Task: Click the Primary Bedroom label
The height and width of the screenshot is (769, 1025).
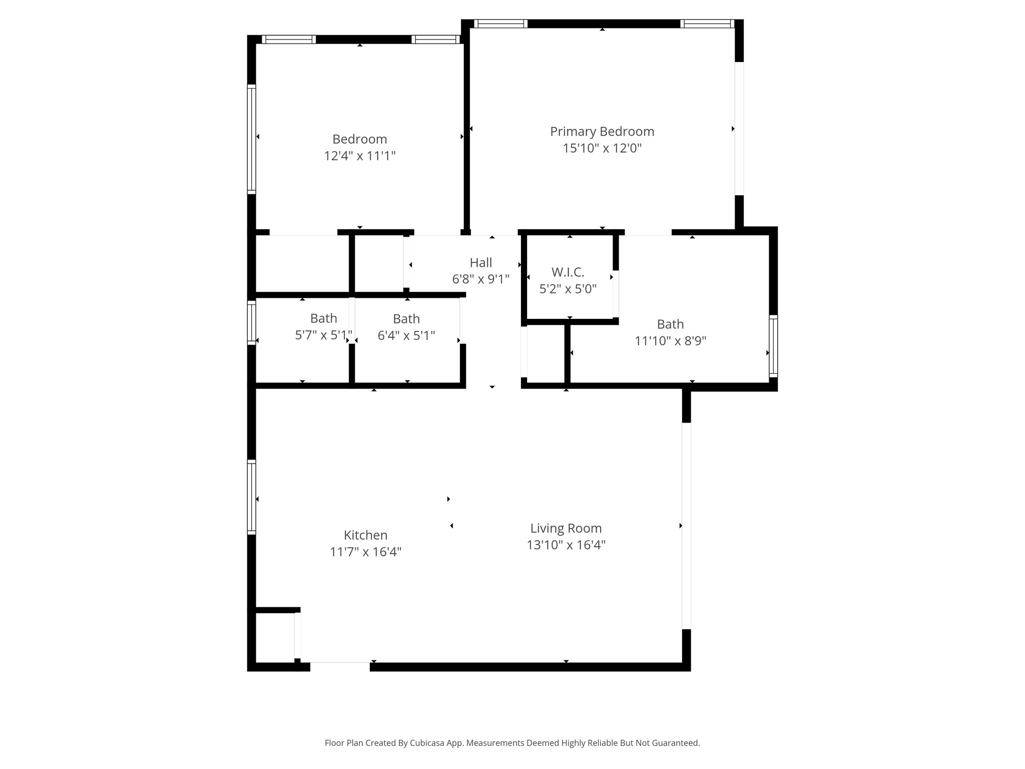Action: pyautogui.click(x=602, y=132)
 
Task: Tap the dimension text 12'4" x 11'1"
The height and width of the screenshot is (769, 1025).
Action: pyautogui.click(x=360, y=156)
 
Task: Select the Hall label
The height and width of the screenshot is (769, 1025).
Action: pyautogui.click(x=480, y=262)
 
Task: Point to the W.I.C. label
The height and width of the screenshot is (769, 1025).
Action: pyautogui.click(x=568, y=272)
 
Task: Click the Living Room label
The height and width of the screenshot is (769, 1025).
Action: pyautogui.click(x=566, y=528)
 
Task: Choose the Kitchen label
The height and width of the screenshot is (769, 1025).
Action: pyautogui.click(x=365, y=535)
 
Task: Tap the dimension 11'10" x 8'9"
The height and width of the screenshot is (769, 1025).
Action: pyautogui.click(x=670, y=341)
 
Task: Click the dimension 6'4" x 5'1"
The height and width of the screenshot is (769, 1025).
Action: pyautogui.click(x=406, y=335)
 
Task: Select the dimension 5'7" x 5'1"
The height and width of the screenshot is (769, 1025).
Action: pyautogui.click(x=323, y=335)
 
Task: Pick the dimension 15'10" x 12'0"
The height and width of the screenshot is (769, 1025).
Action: pyautogui.click(x=602, y=148)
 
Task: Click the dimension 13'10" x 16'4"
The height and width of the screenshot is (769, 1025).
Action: pyautogui.click(x=566, y=545)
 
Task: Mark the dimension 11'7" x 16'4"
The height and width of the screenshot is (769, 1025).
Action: pyautogui.click(x=365, y=552)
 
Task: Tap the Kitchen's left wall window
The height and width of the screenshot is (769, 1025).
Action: pyautogui.click(x=252, y=497)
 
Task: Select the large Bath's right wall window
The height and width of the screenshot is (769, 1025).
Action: pyautogui.click(x=773, y=346)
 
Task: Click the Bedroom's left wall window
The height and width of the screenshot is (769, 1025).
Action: pyautogui.click(x=252, y=139)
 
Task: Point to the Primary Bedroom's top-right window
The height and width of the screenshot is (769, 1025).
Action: pyautogui.click(x=707, y=24)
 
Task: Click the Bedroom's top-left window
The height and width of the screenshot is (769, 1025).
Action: pyautogui.click(x=289, y=40)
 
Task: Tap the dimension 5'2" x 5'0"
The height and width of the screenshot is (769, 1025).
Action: pyautogui.click(x=568, y=289)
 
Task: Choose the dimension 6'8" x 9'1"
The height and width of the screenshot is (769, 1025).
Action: pyautogui.click(x=480, y=279)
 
